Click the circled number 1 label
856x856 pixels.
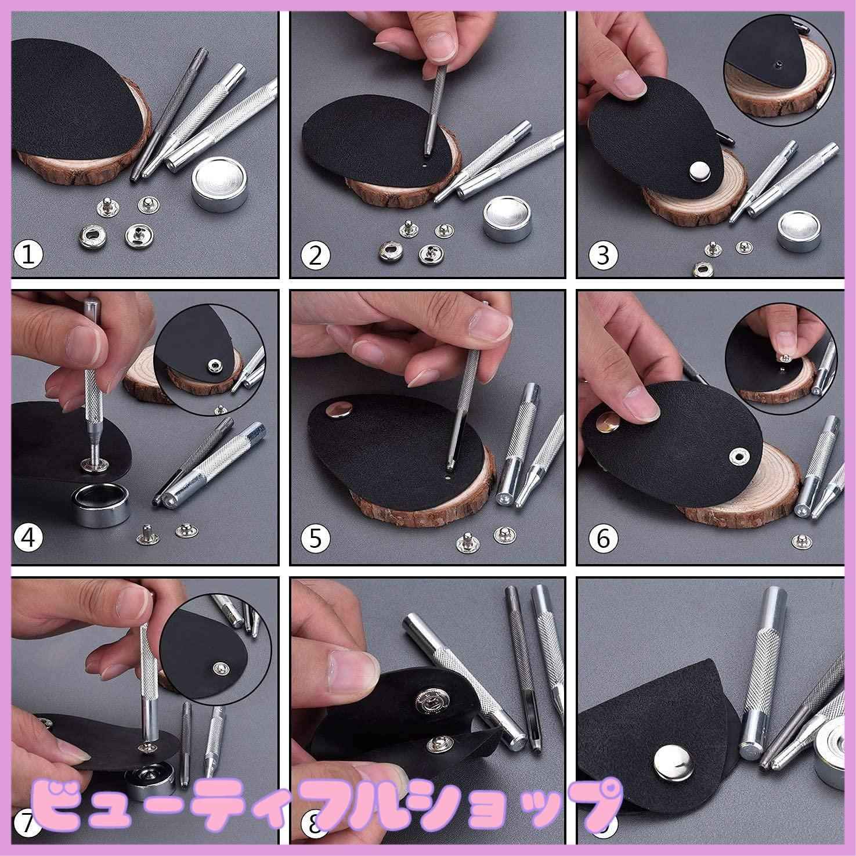pos(28,255)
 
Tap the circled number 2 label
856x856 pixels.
pos(315,255)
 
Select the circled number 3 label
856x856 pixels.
pos(603,255)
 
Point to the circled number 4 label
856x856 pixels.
pos(28,539)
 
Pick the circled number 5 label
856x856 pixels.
pos(315,539)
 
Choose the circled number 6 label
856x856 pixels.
pos(603,539)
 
